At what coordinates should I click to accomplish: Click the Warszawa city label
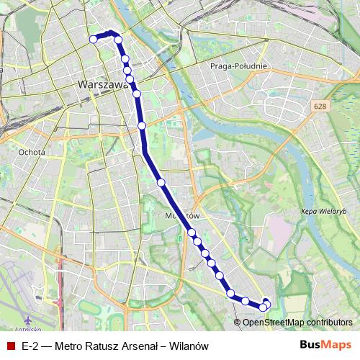[102, 84]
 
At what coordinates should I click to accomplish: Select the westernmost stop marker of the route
[93, 39]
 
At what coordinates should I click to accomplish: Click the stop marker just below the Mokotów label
[192, 232]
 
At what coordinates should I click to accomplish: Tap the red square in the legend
[11, 346]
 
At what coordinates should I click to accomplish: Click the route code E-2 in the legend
[30, 346]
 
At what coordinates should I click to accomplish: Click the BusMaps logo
[326, 346]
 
